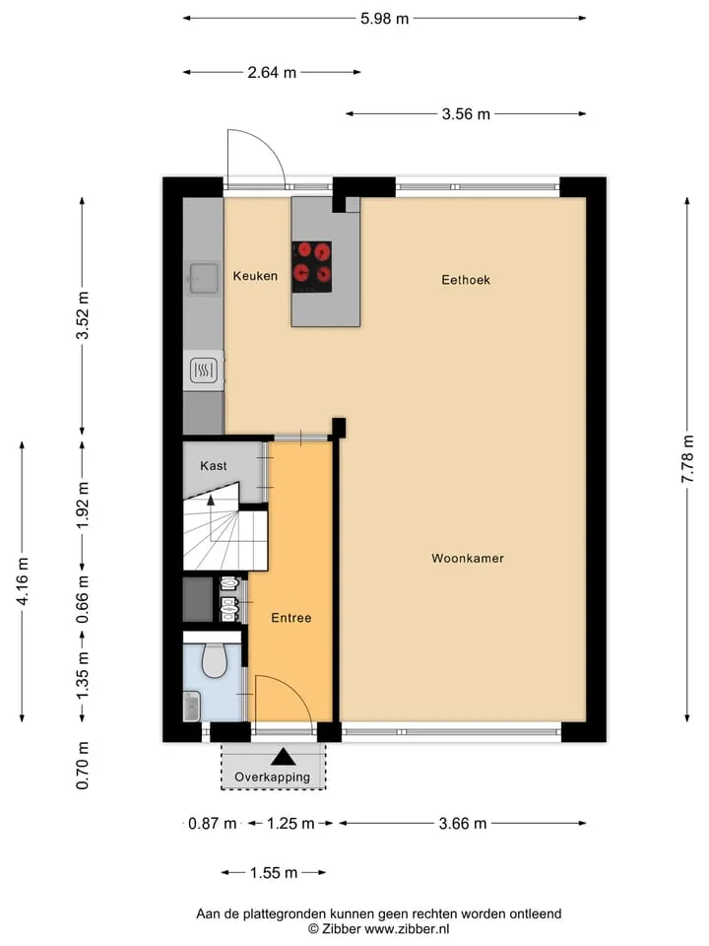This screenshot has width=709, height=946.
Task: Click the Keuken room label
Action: [255, 276]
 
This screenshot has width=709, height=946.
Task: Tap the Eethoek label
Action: [466, 280]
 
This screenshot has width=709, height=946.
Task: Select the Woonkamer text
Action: [467, 559]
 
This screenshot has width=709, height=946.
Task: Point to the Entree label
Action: [291, 618]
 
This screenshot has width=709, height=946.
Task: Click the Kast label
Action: [214, 466]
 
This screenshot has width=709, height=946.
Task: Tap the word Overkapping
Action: [273, 777]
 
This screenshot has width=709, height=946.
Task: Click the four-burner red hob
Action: [312, 267]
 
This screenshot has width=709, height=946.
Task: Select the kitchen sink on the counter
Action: [204, 278]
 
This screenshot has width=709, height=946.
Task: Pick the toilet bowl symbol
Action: [214, 660]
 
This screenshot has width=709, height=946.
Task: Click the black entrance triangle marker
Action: [283, 757]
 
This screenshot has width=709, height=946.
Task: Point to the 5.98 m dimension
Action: [385, 19]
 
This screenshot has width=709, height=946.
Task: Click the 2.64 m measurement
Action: [272, 72]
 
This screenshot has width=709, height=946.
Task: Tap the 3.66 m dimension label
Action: [463, 824]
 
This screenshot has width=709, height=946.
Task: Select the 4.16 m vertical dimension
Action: [23, 581]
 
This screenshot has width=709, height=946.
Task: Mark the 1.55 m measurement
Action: [274, 872]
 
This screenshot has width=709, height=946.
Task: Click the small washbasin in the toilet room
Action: [191, 707]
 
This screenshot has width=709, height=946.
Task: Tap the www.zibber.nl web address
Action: [407, 929]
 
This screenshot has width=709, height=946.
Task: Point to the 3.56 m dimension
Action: [466, 114]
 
